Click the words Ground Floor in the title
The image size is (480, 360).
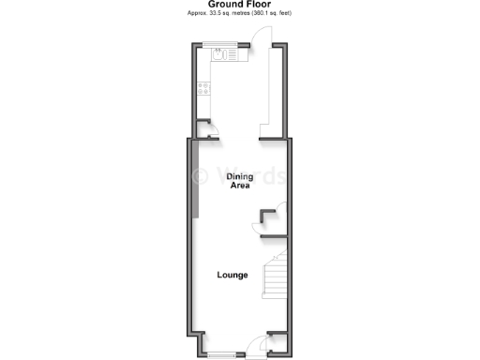239,5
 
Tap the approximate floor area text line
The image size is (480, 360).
240,15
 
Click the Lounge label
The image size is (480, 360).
232,275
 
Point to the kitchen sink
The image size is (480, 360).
218,54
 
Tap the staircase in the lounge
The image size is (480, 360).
274,277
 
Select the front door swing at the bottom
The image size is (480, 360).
251,348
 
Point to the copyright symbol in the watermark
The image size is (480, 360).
200,175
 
